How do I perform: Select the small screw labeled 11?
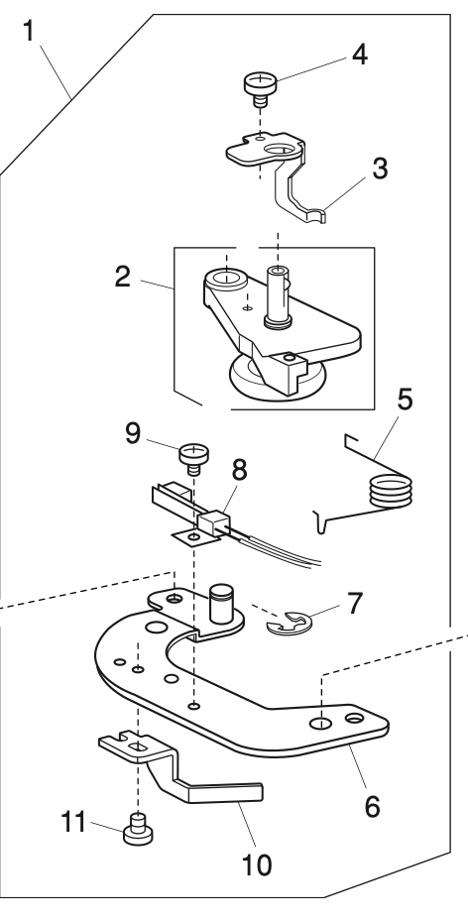click(x=136, y=831)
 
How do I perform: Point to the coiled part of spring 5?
click(x=385, y=493)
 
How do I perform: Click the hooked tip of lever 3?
click(x=318, y=212)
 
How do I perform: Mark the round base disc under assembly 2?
click(x=269, y=380)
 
